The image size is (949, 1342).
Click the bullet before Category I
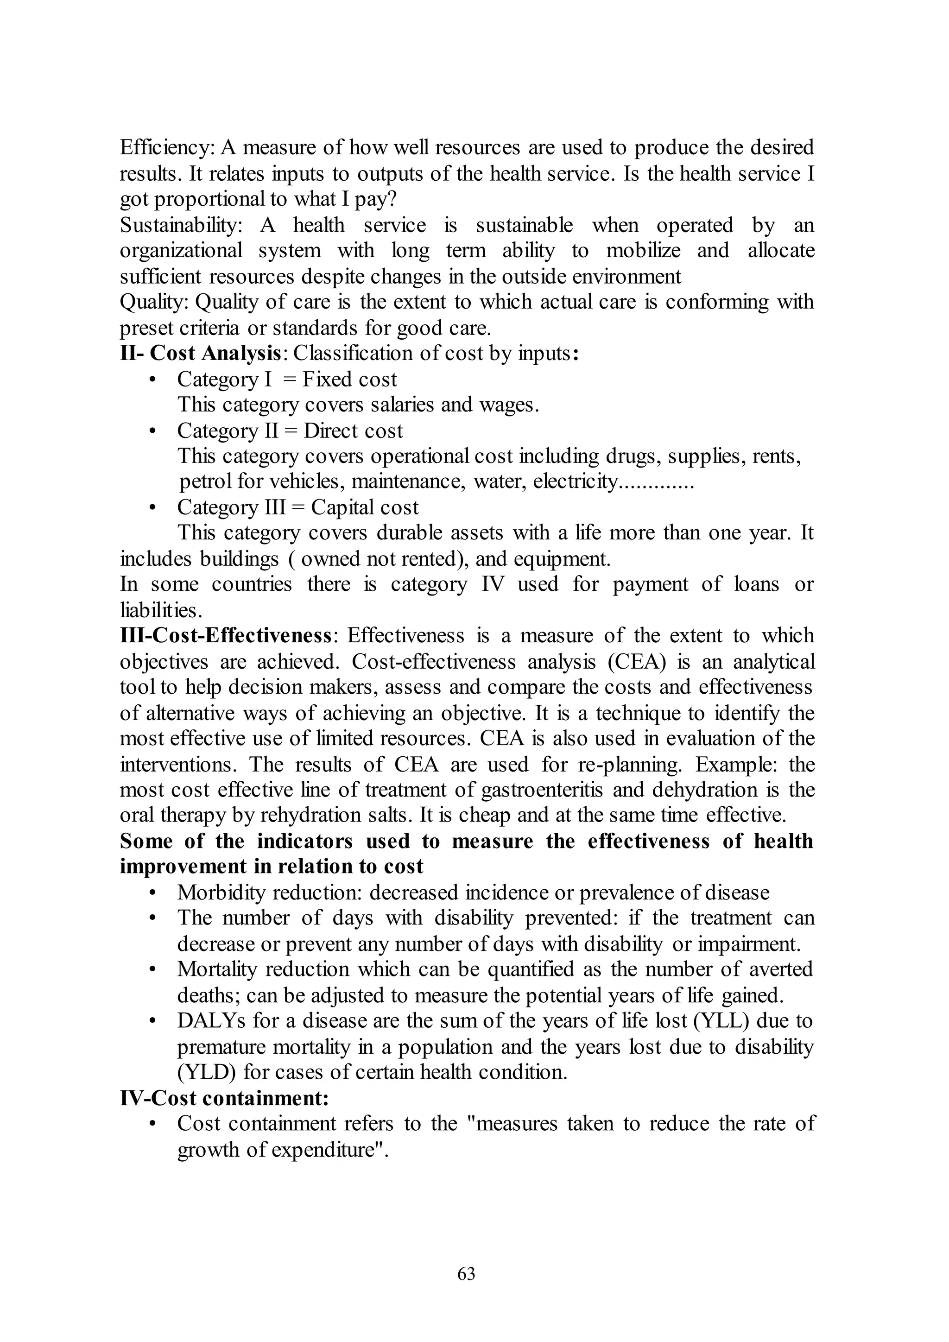click(x=152, y=380)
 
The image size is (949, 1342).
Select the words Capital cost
click(x=365, y=507)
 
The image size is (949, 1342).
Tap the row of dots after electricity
click(x=656, y=483)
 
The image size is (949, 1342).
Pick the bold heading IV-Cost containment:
click(x=224, y=1098)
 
